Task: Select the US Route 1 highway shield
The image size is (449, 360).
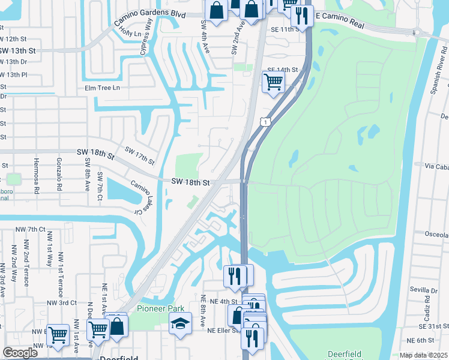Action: pyautogui.click(x=265, y=122)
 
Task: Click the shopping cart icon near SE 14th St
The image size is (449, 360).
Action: pyautogui.click(x=273, y=81)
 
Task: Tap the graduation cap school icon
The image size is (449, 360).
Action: pyautogui.click(x=180, y=324)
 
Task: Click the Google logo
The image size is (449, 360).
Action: pyautogui.click(x=20, y=353)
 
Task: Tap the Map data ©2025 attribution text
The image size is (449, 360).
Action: pyautogui.click(x=423, y=355)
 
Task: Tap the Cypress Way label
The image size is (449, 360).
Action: pyautogui.click(x=147, y=37)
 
